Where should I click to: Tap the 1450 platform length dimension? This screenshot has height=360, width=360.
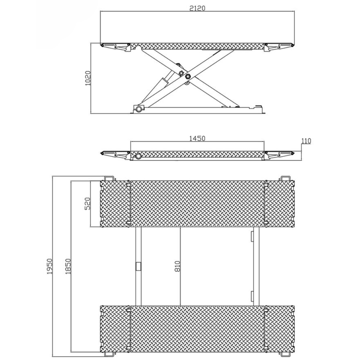[197, 138]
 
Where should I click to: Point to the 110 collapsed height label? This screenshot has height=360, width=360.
[306, 141]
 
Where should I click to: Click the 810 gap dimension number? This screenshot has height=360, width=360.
[177, 266]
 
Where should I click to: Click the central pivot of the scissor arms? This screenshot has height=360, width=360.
[187, 76]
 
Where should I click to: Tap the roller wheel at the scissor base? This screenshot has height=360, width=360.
[137, 109]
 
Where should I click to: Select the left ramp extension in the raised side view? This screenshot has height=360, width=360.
[115, 47]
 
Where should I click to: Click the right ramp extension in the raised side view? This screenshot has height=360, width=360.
[279, 47]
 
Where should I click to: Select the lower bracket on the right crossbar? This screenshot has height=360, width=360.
[252, 295]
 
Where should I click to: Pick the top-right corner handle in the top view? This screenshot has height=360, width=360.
[285, 178]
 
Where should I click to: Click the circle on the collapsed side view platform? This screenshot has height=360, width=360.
[138, 156]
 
